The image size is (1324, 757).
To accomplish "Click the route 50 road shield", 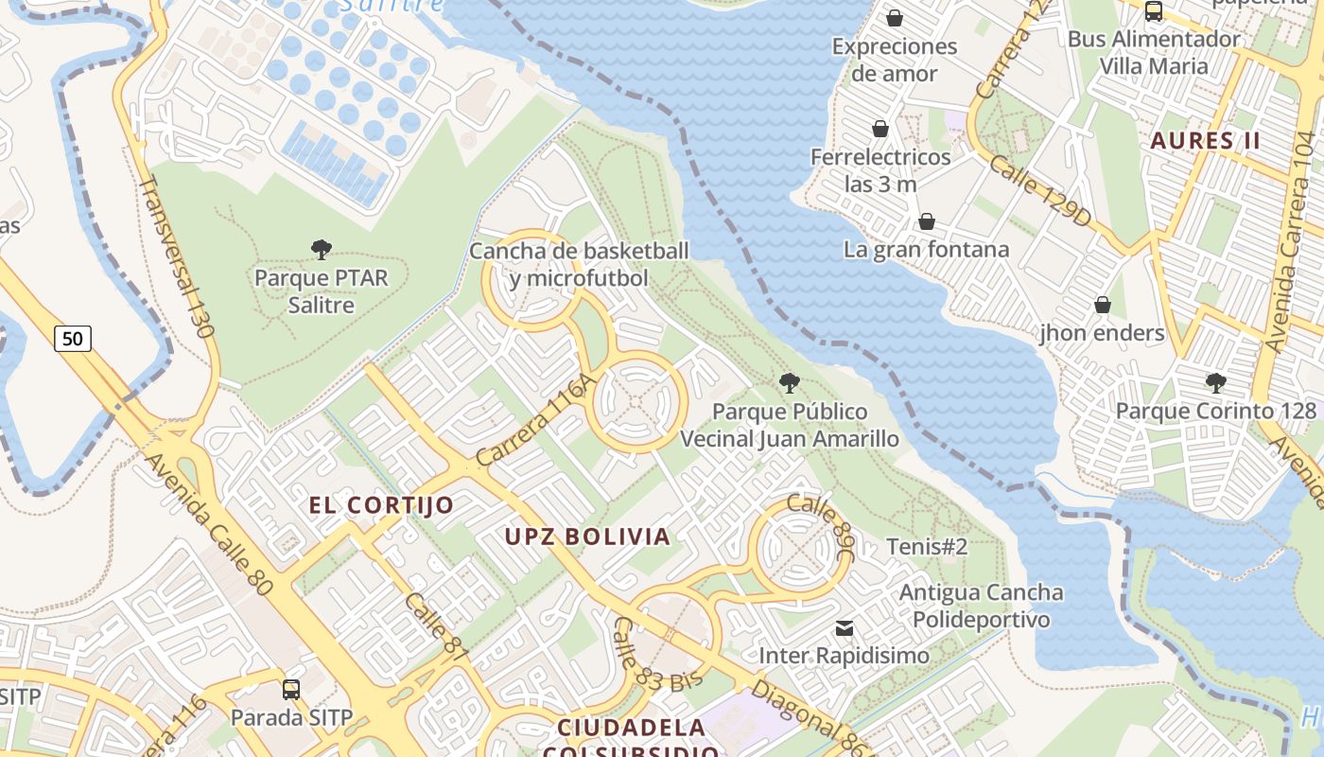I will tap(73, 338).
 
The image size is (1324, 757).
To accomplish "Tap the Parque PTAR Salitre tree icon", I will tap(322, 250).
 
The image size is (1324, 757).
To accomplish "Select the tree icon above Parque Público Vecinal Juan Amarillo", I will tap(789, 383).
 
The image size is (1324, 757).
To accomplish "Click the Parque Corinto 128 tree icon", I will tap(1215, 383).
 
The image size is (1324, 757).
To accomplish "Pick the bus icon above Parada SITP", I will tap(291, 690).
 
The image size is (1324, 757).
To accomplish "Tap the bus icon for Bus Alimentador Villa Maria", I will tap(1153, 11).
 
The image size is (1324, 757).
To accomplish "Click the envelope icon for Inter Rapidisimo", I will tap(844, 628).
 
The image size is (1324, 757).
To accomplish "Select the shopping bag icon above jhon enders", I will tap(1102, 305).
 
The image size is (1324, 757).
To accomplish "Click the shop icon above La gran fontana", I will tap(927, 221).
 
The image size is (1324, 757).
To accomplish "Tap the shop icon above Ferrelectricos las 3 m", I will tap(880, 129).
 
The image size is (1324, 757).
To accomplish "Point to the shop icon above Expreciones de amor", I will tap(894, 18).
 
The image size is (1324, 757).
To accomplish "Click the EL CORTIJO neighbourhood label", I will tap(381, 505).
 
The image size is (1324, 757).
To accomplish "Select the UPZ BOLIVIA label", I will tap(587, 537).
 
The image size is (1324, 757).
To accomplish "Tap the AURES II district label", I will tap(1205, 142).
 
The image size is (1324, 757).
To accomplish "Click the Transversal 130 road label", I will tap(176, 255).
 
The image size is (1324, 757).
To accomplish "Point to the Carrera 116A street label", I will tap(536, 419).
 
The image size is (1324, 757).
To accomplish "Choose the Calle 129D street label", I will tap(1040, 191).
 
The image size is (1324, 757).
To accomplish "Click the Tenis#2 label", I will tap(927, 547).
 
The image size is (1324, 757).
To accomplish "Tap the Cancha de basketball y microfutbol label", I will tap(579, 265).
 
